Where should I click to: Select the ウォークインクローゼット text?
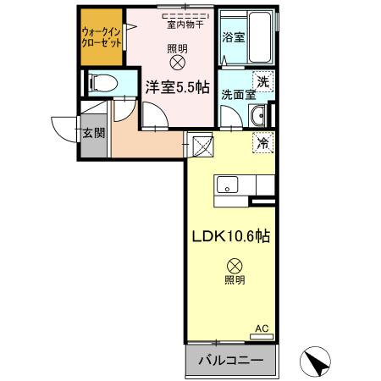(x=100, y=37)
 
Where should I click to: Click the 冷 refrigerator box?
(x=262, y=144)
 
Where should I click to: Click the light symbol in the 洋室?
(x=177, y=62)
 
